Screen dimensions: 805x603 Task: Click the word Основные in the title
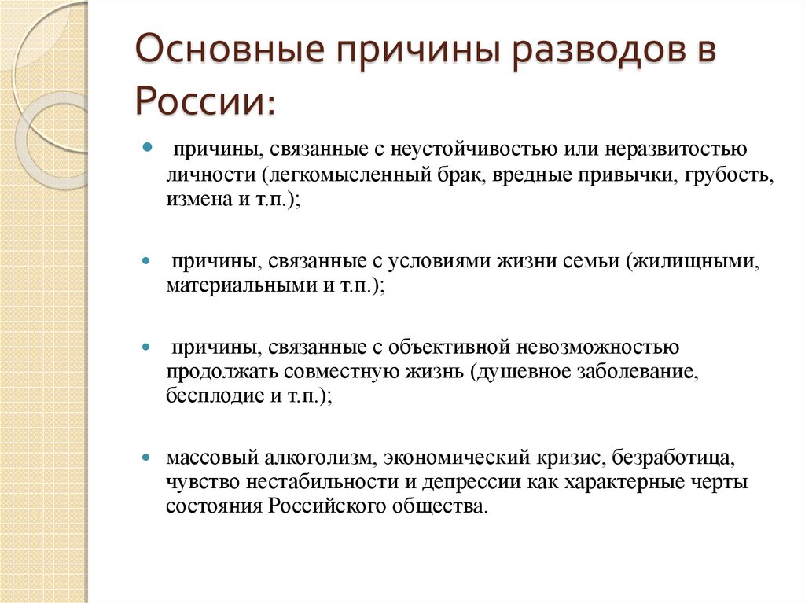pos(230,50)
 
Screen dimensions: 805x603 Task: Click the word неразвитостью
pos(676,149)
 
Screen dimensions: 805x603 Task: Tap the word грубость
pos(730,175)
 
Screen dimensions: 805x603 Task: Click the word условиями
pos(438,262)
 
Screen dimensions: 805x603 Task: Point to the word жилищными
pos(693,262)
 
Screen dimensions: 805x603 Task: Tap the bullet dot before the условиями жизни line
pos(146,261)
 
